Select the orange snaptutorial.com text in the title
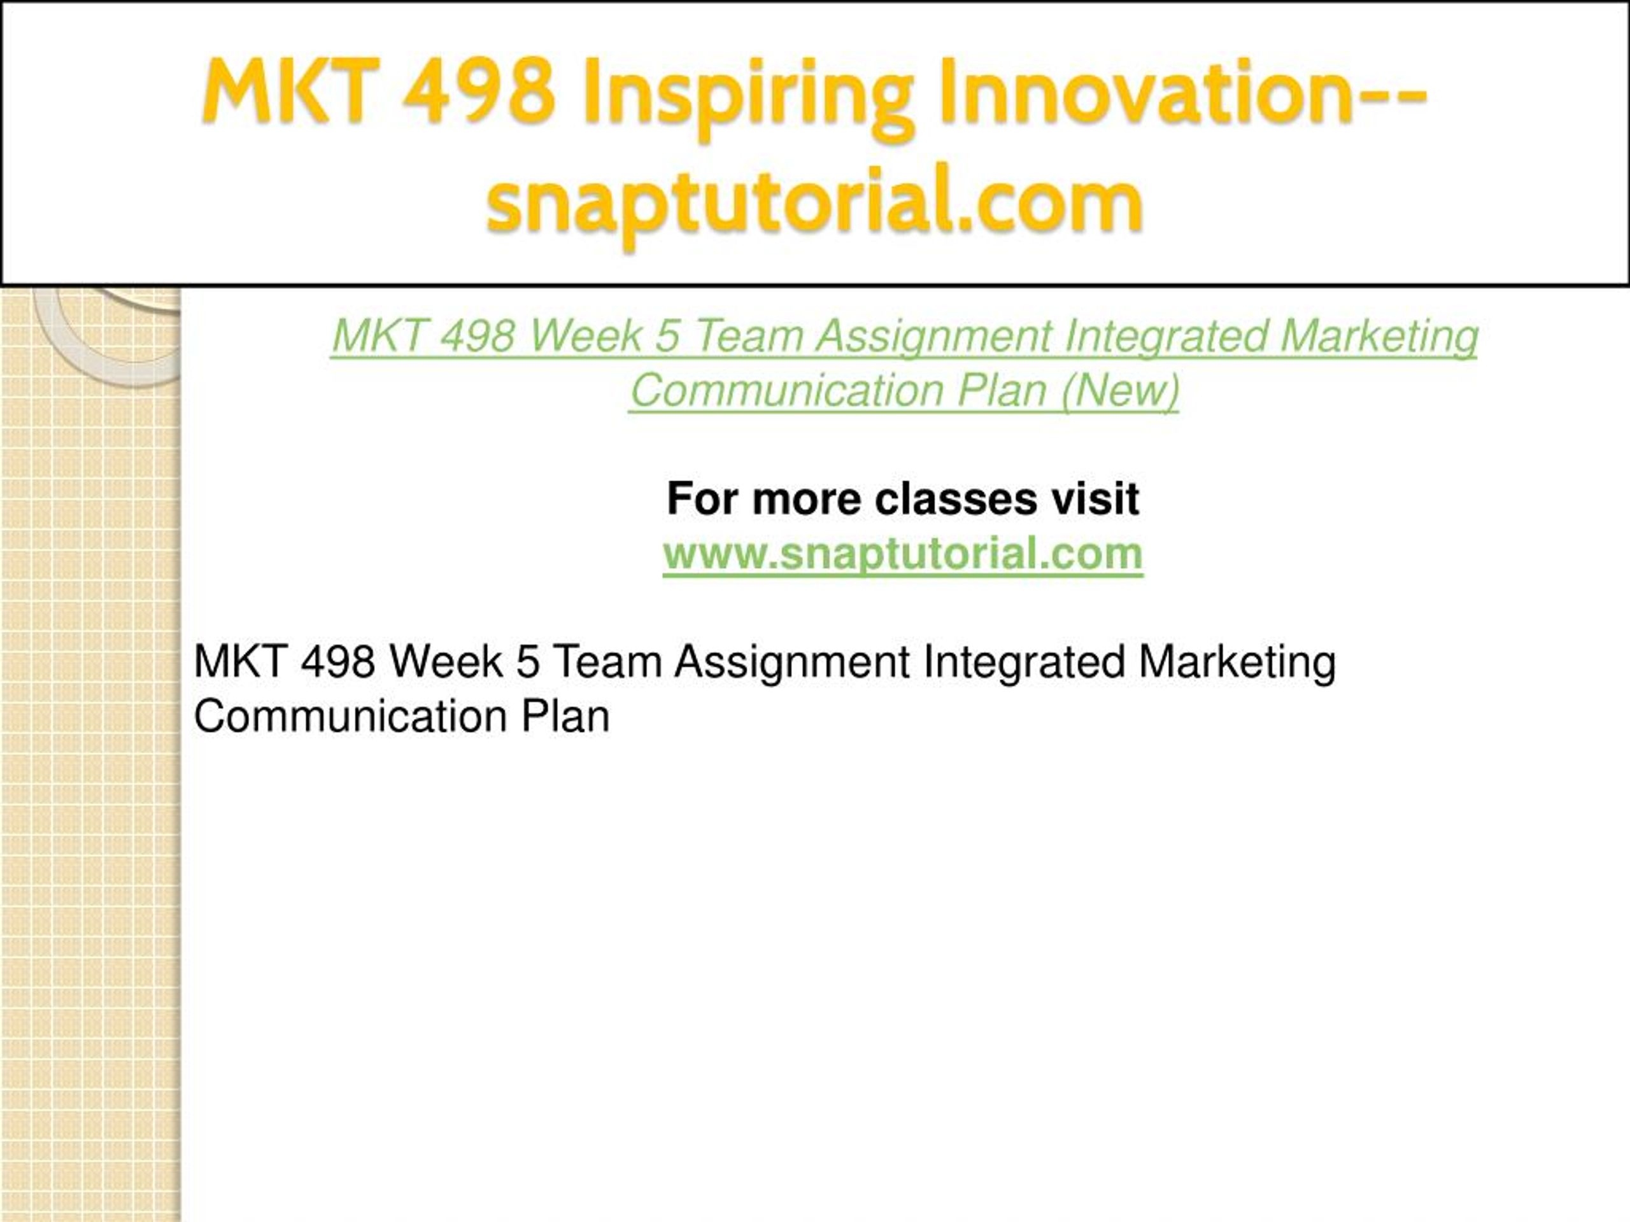coord(815,202)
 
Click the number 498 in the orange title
coord(479,92)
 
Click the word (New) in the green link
coord(1121,390)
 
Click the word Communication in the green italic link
coord(787,390)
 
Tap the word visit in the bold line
coord(1095,499)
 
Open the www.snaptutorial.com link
coord(903,553)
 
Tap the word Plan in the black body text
coord(565,716)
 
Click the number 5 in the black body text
coord(528,661)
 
